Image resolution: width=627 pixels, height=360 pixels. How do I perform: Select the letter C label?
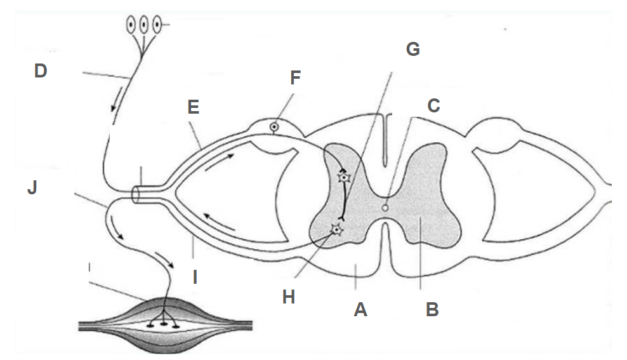click(433, 105)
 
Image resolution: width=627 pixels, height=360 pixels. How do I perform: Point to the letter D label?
click(41, 71)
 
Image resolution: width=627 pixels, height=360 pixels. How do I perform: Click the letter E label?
click(194, 106)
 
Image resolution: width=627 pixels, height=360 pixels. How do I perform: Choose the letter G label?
click(413, 49)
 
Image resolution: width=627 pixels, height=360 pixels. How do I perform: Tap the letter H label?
click(289, 297)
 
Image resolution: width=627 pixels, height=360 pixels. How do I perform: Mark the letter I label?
click(195, 277)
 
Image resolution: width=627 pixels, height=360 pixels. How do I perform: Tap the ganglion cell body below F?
click(274, 126)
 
